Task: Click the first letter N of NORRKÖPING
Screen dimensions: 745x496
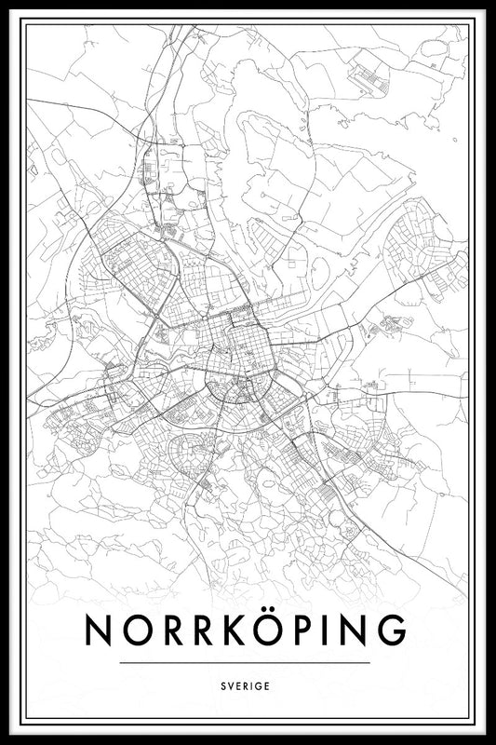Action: (100, 630)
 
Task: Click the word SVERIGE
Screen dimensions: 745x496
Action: (247, 685)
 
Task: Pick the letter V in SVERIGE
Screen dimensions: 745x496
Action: (233, 685)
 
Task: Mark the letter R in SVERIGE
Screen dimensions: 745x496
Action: (247, 685)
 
